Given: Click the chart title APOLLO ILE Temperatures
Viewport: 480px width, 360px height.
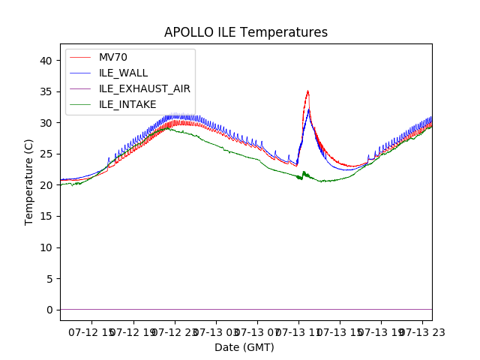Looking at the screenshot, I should coord(246,32).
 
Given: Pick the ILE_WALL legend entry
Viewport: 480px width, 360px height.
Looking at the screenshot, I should coord(123,73).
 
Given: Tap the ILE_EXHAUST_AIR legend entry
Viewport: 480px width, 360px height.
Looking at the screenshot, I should coord(144,88).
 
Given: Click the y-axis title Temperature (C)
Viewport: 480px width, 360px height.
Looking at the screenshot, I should coord(29,181).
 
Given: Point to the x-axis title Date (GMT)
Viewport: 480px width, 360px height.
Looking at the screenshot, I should coord(244,347).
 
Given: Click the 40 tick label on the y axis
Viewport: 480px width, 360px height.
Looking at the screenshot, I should coord(46,60).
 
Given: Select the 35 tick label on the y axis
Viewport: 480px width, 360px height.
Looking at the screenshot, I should coord(46,91).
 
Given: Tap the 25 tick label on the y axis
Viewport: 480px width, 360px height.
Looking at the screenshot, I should coord(46,154).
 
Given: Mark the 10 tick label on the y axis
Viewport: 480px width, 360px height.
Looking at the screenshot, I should coord(46,247).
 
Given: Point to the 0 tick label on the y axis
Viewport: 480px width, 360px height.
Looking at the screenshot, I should coord(49,310).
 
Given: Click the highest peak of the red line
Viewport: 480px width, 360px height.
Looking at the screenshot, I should coord(307,91).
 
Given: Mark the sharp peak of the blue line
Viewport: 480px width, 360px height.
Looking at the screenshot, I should coord(308,109).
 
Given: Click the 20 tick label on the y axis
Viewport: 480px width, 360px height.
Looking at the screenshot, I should coord(46,185).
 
